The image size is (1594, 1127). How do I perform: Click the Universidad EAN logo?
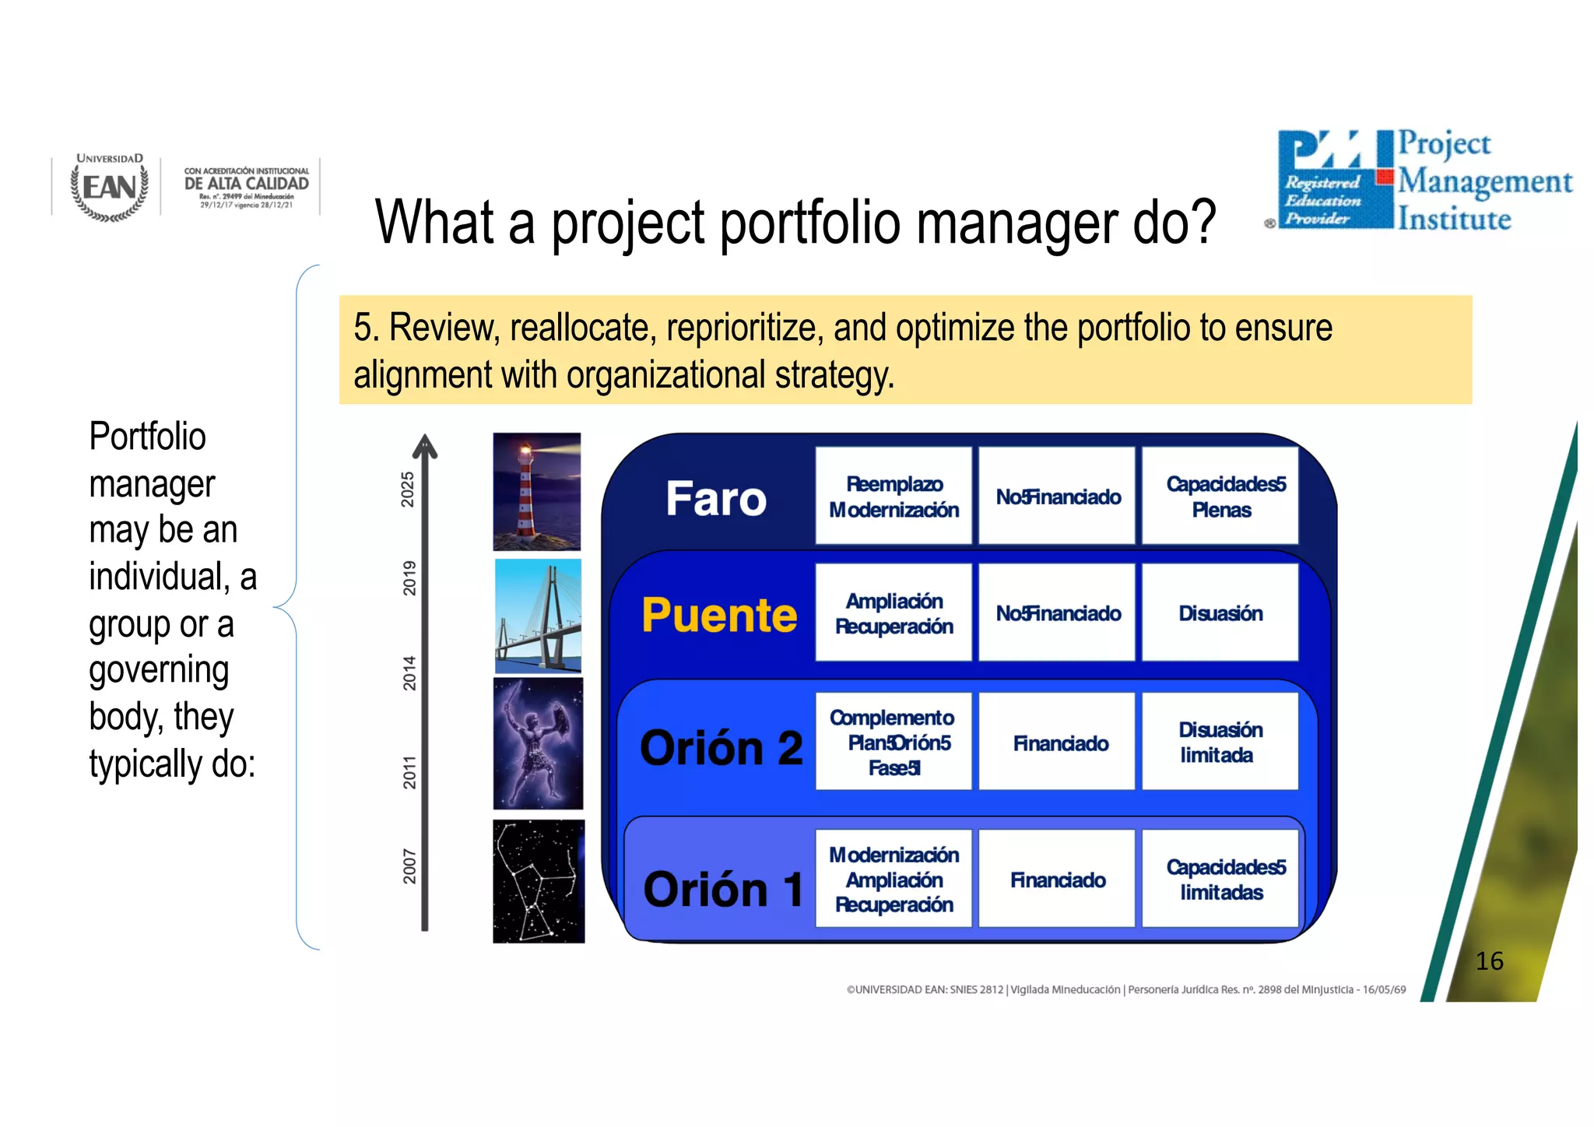tap(110, 187)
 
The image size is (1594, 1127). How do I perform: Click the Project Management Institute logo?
tap(1424, 181)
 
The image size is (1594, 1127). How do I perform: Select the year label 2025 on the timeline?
tap(407, 489)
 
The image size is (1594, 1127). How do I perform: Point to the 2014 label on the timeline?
tap(409, 673)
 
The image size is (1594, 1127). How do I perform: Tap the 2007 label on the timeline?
tap(409, 866)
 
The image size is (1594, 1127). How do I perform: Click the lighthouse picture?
tap(537, 491)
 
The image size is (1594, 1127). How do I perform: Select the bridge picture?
tap(538, 616)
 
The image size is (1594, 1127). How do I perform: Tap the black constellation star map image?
tap(538, 881)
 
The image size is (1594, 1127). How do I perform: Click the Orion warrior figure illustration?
tap(538, 743)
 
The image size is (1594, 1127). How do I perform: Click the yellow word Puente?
tap(719, 615)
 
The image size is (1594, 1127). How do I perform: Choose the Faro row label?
tap(716, 498)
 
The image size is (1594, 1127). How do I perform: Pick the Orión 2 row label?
tap(721, 748)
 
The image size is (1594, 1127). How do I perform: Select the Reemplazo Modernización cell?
tap(894, 497)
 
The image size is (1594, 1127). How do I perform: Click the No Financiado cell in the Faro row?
tap(1058, 497)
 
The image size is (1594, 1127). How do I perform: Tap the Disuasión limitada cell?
tap(1220, 742)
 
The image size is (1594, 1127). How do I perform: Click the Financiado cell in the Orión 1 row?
tap(1058, 879)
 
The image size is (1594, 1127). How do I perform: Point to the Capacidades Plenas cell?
tap(1221, 497)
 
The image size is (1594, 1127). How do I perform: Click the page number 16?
tap(1489, 960)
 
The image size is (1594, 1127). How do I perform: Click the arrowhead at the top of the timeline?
tap(425, 446)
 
